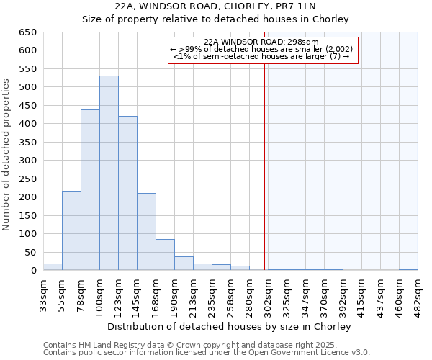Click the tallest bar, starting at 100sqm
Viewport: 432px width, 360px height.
(x=109, y=173)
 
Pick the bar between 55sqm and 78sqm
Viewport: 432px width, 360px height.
(x=71, y=230)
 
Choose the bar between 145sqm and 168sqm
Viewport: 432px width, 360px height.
(x=146, y=232)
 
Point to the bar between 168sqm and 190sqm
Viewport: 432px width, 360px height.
(x=165, y=255)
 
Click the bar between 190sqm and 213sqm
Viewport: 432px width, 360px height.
(x=184, y=264)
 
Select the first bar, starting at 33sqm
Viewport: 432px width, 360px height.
(x=53, y=267)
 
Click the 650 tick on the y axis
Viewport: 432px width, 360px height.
(x=28, y=32)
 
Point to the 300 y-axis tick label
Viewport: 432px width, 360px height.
(x=28, y=161)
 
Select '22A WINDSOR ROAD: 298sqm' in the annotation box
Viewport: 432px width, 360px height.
(x=261, y=42)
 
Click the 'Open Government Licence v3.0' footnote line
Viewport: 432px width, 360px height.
(x=207, y=353)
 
